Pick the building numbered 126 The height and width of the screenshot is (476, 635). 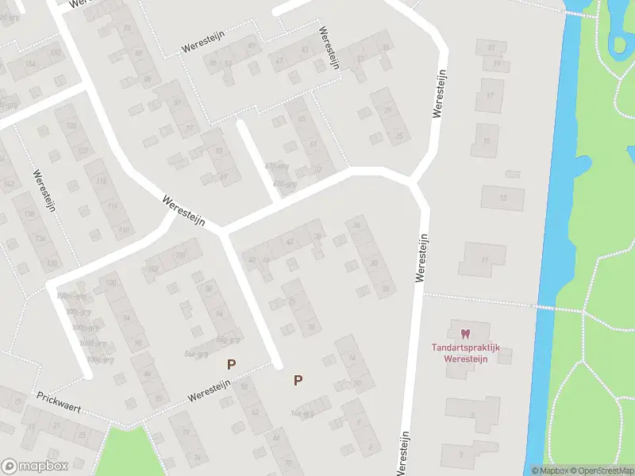71,127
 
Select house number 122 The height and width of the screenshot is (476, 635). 83,152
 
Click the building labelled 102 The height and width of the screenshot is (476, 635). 152,269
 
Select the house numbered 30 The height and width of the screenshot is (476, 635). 374,263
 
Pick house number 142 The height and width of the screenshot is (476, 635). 9,183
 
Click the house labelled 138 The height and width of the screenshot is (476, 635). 29,214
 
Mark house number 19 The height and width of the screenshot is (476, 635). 496,63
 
